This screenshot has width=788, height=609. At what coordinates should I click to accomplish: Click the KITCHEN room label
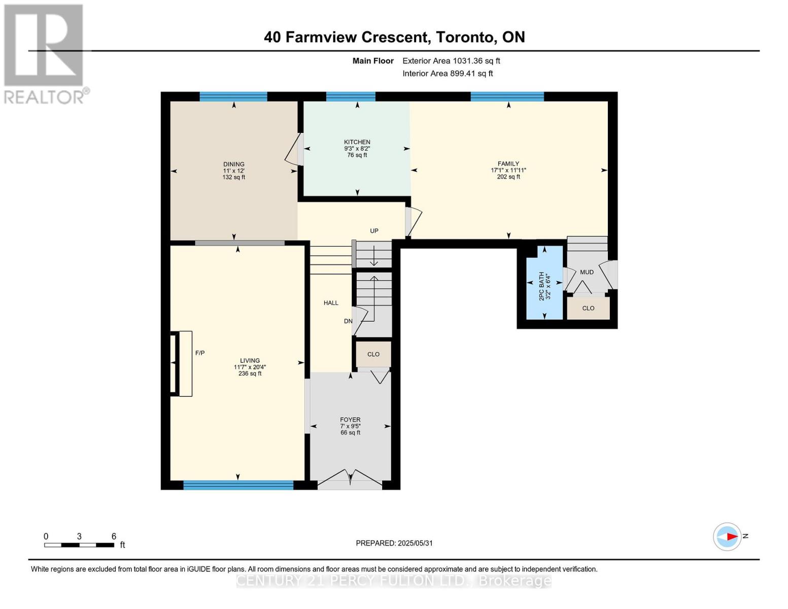coord(357,142)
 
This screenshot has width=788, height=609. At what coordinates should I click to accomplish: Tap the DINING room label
coord(234,164)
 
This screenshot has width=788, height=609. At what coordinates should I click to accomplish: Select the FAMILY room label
coord(508,163)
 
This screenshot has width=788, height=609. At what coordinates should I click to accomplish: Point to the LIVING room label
coord(250,360)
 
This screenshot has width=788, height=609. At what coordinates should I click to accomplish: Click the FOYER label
coord(350,420)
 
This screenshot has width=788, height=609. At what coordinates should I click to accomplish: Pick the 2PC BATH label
coord(542,286)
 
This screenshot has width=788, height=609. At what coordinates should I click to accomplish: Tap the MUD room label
coord(587,272)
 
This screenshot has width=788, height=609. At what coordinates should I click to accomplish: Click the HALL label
coord(331,303)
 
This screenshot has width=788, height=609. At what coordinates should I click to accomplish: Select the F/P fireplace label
coord(200,353)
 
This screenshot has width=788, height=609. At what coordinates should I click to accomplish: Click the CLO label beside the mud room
coord(588,309)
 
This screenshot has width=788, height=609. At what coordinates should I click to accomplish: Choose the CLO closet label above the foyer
coord(373,354)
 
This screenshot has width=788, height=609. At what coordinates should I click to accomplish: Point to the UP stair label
coord(374,231)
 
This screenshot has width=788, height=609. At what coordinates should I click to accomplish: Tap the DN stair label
coord(348,321)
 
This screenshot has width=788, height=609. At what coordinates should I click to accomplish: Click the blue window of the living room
coord(238,485)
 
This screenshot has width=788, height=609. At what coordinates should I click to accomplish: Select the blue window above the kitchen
coord(351,96)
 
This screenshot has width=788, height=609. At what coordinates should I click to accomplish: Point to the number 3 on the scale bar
coord(79,536)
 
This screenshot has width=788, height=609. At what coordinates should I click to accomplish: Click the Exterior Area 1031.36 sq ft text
coord(451,61)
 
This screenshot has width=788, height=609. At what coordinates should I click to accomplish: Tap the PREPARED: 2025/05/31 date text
coord(394,544)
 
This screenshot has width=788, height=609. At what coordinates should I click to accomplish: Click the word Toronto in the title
coord(466,37)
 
